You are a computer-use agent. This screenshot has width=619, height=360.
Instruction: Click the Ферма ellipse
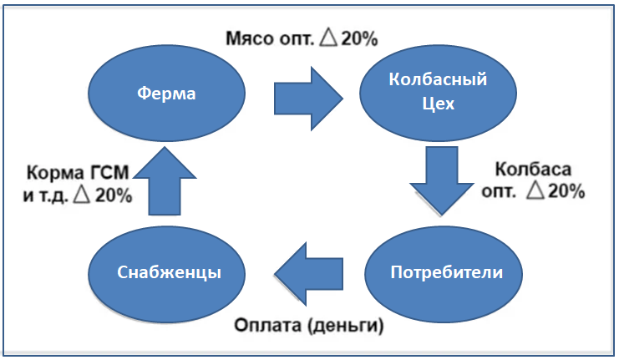click(167, 94)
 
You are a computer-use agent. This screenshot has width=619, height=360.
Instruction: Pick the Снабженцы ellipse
click(167, 273)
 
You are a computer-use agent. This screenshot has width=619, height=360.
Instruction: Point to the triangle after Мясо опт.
click(327, 38)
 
